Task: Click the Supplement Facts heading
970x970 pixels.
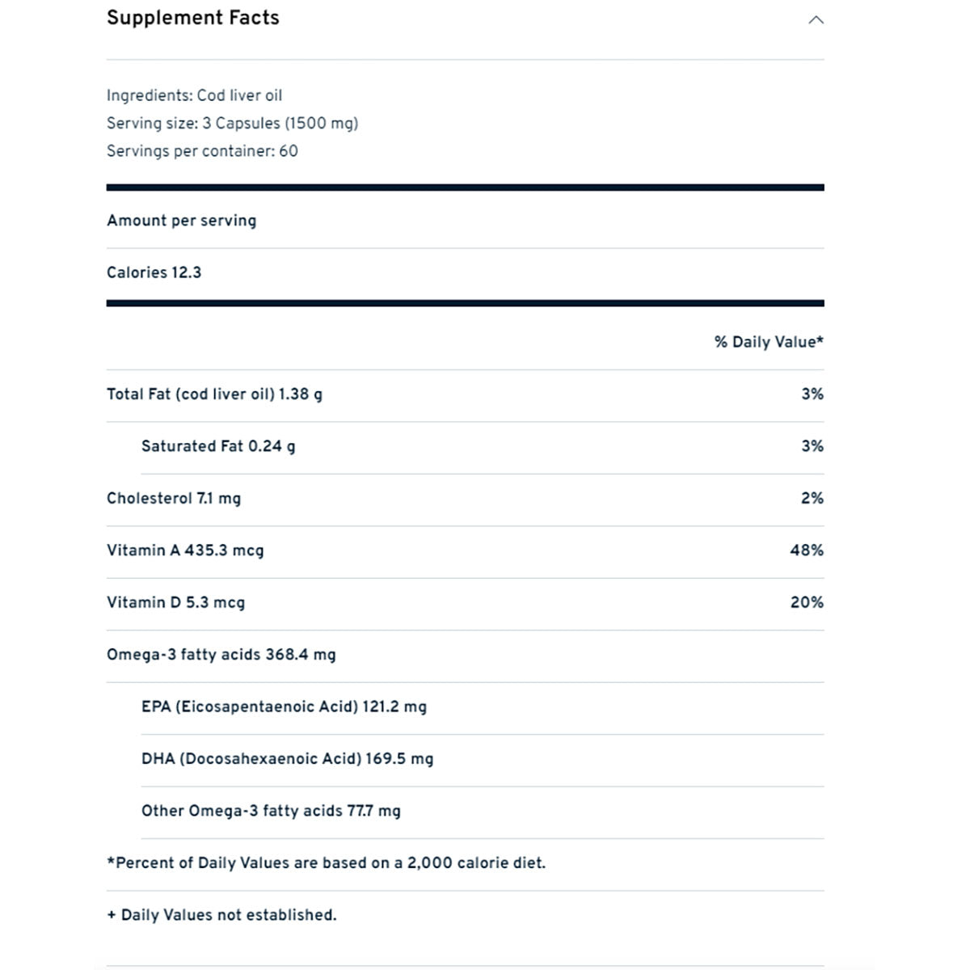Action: (192, 18)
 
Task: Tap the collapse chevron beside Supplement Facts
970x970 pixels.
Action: (816, 19)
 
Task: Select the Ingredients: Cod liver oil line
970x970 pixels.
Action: (194, 95)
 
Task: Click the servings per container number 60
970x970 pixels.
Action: (289, 151)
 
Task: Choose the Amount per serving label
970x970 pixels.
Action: (181, 221)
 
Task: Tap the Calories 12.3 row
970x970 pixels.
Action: (154, 272)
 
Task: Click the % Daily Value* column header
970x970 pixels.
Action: (768, 342)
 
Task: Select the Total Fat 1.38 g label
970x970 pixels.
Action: (214, 394)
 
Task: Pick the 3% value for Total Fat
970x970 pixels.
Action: (812, 394)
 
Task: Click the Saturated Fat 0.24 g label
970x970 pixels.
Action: (218, 446)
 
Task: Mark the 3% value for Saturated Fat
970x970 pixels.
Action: (812, 446)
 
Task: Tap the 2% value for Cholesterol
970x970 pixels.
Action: (812, 499)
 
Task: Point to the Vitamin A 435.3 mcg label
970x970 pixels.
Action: (185, 550)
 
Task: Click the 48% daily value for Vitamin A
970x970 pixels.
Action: (807, 550)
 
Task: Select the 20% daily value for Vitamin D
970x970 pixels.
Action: (807, 602)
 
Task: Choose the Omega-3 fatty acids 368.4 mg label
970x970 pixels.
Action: (221, 655)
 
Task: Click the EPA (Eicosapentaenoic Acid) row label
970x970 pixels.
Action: (249, 706)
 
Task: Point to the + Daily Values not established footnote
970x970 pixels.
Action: (221, 915)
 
